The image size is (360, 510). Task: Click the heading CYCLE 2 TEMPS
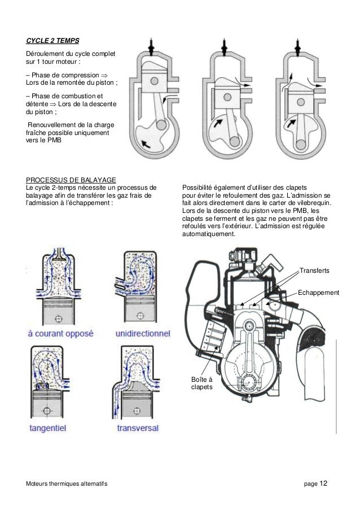click(52, 41)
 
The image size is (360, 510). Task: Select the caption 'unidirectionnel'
click(142, 333)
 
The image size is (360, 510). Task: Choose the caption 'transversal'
click(139, 428)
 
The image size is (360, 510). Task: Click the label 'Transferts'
click(315, 272)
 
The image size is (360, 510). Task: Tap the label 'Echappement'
click(318, 293)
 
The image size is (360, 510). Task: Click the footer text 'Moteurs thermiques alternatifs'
click(63, 484)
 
